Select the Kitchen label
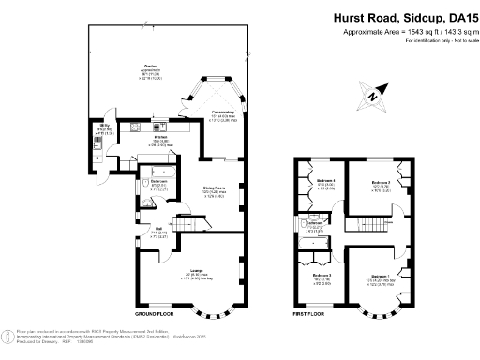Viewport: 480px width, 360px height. pyautogui.click(x=160, y=139)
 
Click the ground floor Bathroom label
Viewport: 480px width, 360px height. pyautogui.click(x=159, y=182)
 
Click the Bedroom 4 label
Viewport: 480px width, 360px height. pyautogui.click(x=325, y=180)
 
